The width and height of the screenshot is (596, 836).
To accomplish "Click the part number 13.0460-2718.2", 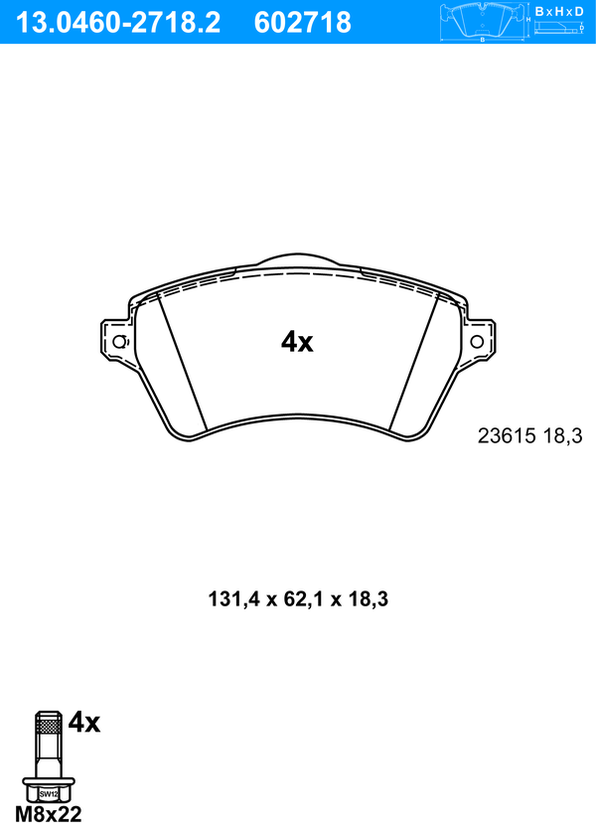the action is [118, 23].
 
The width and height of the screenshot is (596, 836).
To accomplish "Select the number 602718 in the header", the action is [303, 23].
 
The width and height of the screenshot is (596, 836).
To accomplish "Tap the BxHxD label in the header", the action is [558, 11].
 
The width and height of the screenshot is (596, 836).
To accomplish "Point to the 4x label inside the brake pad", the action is [297, 342].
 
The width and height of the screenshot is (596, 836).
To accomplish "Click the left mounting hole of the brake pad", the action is [120, 342].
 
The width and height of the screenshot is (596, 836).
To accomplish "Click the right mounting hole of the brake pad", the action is [476, 342].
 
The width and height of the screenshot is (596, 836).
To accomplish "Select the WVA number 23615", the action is [507, 436].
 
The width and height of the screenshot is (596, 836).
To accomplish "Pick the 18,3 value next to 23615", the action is [563, 436].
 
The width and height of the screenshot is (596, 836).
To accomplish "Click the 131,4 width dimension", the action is [233, 599].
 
